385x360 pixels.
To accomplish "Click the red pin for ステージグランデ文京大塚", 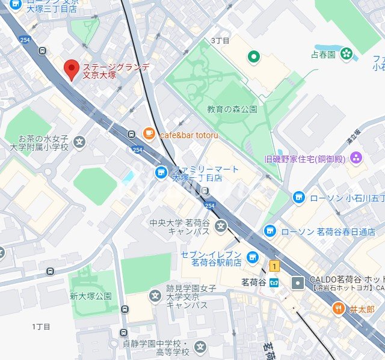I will [x=72, y=70].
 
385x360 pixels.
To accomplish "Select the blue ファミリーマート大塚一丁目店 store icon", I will [x=161, y=173].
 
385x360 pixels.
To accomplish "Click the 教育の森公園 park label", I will [x=232, y=109].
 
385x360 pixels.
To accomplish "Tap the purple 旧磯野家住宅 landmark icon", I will [x=357, y=159].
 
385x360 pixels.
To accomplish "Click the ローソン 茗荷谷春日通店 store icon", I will [x=271, y=231].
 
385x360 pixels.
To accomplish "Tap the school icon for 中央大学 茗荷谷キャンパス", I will [x=221, y=227].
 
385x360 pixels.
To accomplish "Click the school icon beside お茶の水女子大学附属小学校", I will [x=80, y=143].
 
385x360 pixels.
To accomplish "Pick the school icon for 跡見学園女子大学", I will [x=155, y=295].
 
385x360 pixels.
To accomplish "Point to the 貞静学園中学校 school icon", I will [x=200, y=347].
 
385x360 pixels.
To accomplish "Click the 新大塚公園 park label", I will [x=91, y=296].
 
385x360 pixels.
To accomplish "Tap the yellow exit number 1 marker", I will [x=275, y=266].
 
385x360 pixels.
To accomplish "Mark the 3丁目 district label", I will [x=220, y=40].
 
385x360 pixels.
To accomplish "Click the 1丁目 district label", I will [x=41, y=326].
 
